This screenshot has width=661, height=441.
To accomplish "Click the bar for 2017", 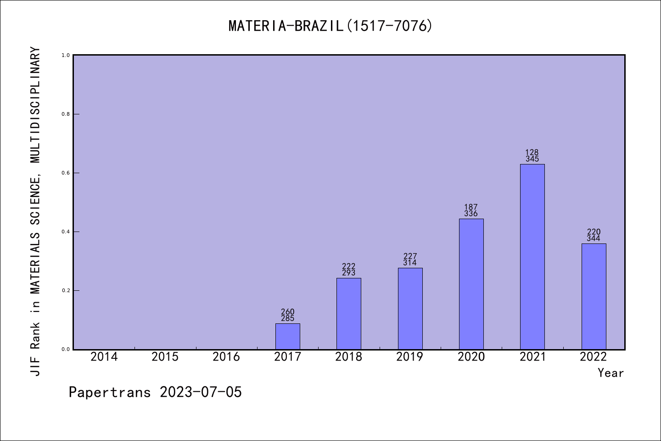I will point(287,337).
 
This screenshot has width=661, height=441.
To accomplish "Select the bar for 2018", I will point(348,314).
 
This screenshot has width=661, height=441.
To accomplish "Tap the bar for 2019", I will point(410,309).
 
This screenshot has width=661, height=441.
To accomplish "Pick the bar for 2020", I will point(471,284).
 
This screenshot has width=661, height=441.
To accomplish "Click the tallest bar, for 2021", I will point(532,257).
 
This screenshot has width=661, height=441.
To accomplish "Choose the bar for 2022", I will point(594,296).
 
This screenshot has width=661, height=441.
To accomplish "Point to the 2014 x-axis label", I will point(104,357).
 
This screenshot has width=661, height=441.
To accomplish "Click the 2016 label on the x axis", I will point(226,357).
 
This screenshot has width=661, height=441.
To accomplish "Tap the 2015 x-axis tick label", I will point(165,357).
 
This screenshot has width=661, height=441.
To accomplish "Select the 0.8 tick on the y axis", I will point(66,114).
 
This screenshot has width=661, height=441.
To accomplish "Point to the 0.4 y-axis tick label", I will point(66,232).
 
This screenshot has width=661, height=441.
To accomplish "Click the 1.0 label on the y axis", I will point(66,55).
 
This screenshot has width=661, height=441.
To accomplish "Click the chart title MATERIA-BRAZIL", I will point(330,26).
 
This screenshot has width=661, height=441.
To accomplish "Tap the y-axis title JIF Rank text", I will point(35,211).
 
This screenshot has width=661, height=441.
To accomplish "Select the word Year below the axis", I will point(611,373).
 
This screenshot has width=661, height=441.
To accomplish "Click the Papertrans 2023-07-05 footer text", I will point(155,392).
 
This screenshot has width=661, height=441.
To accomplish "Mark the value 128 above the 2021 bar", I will point(532,153).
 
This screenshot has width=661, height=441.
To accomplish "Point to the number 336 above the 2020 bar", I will point(471,214).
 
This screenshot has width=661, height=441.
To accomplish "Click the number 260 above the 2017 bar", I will point(287,312).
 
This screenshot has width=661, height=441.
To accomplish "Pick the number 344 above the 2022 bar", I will point(594,238).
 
